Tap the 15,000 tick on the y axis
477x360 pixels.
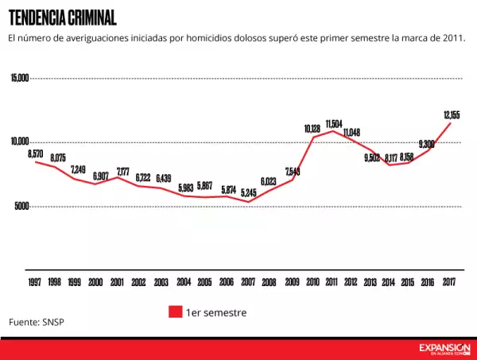click(20, 78)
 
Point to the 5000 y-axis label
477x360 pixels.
click(21, 206)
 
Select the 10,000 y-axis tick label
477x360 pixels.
click(20, 141)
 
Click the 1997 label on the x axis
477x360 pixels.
click(35, 282)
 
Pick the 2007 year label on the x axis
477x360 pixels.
click(248, 282)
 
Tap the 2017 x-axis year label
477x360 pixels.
click(448, 282)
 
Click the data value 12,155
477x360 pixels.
click(452, 115)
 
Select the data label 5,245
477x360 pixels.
click(248, 192)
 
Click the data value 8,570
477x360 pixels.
click(35, 153)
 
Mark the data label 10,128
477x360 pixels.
click(312, 128)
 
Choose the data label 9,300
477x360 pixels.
click(426, 144)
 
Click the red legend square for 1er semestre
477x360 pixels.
click(176, 312)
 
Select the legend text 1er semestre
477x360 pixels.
click(216, 312)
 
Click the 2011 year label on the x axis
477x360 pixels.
click(332, 282)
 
